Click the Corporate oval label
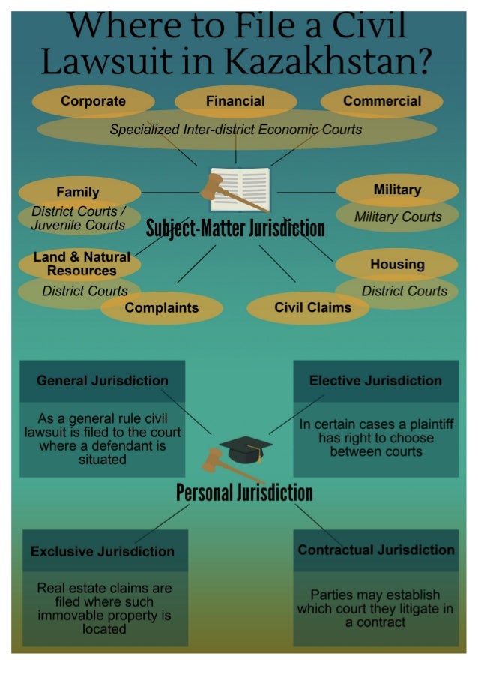(93, 101)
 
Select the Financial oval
(235, 101)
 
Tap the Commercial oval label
(382, 101)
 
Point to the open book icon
(240, 189)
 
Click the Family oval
(79, 192)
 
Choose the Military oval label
(397, 190)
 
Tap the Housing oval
(397, 264)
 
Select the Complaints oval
(162, 308)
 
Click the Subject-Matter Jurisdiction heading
(235, 228)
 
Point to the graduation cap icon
(246, 450)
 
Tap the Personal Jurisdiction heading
(244, 493)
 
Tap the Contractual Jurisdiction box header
(376, 550)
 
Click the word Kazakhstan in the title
(328, 61)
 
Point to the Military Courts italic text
(398, 217)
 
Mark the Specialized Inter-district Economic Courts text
(235, 130)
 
